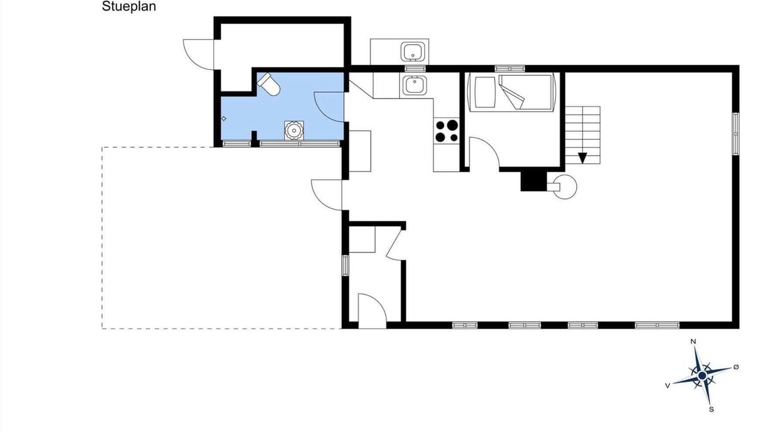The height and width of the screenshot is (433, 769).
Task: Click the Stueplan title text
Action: pos(129,7)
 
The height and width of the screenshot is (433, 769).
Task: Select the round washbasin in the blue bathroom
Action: pos(294,131)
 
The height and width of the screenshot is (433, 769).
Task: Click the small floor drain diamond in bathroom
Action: pos(224,118)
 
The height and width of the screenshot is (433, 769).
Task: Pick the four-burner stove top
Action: pos(446,131)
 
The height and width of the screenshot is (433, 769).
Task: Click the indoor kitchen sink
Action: pos(415,85)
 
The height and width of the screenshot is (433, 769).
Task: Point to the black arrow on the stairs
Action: pos(583,158)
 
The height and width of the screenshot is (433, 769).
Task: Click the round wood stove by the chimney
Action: pos(565,187)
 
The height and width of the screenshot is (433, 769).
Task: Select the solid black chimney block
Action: pos(533,181)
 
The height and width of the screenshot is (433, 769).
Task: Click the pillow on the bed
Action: pos(485,92)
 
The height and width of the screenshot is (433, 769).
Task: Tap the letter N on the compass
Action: pos(693,341)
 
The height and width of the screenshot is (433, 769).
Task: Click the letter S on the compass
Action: pos(711,410)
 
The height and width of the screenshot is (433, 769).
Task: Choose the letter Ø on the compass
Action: pos(736,367)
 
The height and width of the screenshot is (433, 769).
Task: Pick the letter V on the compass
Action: pos(667,386)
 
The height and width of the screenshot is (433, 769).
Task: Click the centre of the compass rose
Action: pos(702,376)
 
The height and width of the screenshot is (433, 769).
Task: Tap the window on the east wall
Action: pos(736,134)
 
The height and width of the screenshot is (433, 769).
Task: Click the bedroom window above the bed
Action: pos(510,69)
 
